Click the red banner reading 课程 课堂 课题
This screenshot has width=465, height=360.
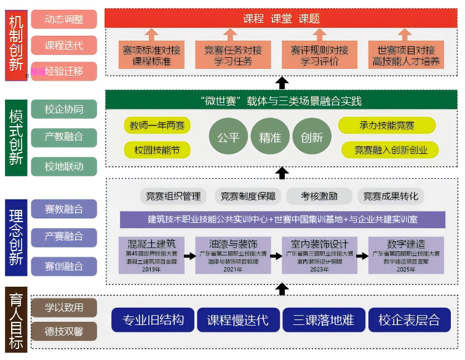tap(282, 18)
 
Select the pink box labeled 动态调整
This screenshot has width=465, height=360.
tap(64, 19)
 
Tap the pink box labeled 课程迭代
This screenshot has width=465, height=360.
tap(64, 45)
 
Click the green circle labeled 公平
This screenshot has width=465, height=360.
tap(228, 137)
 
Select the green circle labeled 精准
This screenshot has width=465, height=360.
tap(270, 137)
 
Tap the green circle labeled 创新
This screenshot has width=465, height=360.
tap(312, 137)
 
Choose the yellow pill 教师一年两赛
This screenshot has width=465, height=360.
tap(156, 126)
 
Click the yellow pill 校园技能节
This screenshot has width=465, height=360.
tap(156, 150)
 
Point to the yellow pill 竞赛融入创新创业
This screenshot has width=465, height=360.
tap(387, 150)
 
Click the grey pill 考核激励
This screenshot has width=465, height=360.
tap(319, 196)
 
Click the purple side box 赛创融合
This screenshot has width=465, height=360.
tap(64, 266)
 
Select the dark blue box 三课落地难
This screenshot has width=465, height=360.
tap(324, 320)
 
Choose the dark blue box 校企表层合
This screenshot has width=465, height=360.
tap(409, 320)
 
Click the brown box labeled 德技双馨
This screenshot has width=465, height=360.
tap(64, 332)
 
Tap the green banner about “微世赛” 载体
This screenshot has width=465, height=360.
tap(282, 100)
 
